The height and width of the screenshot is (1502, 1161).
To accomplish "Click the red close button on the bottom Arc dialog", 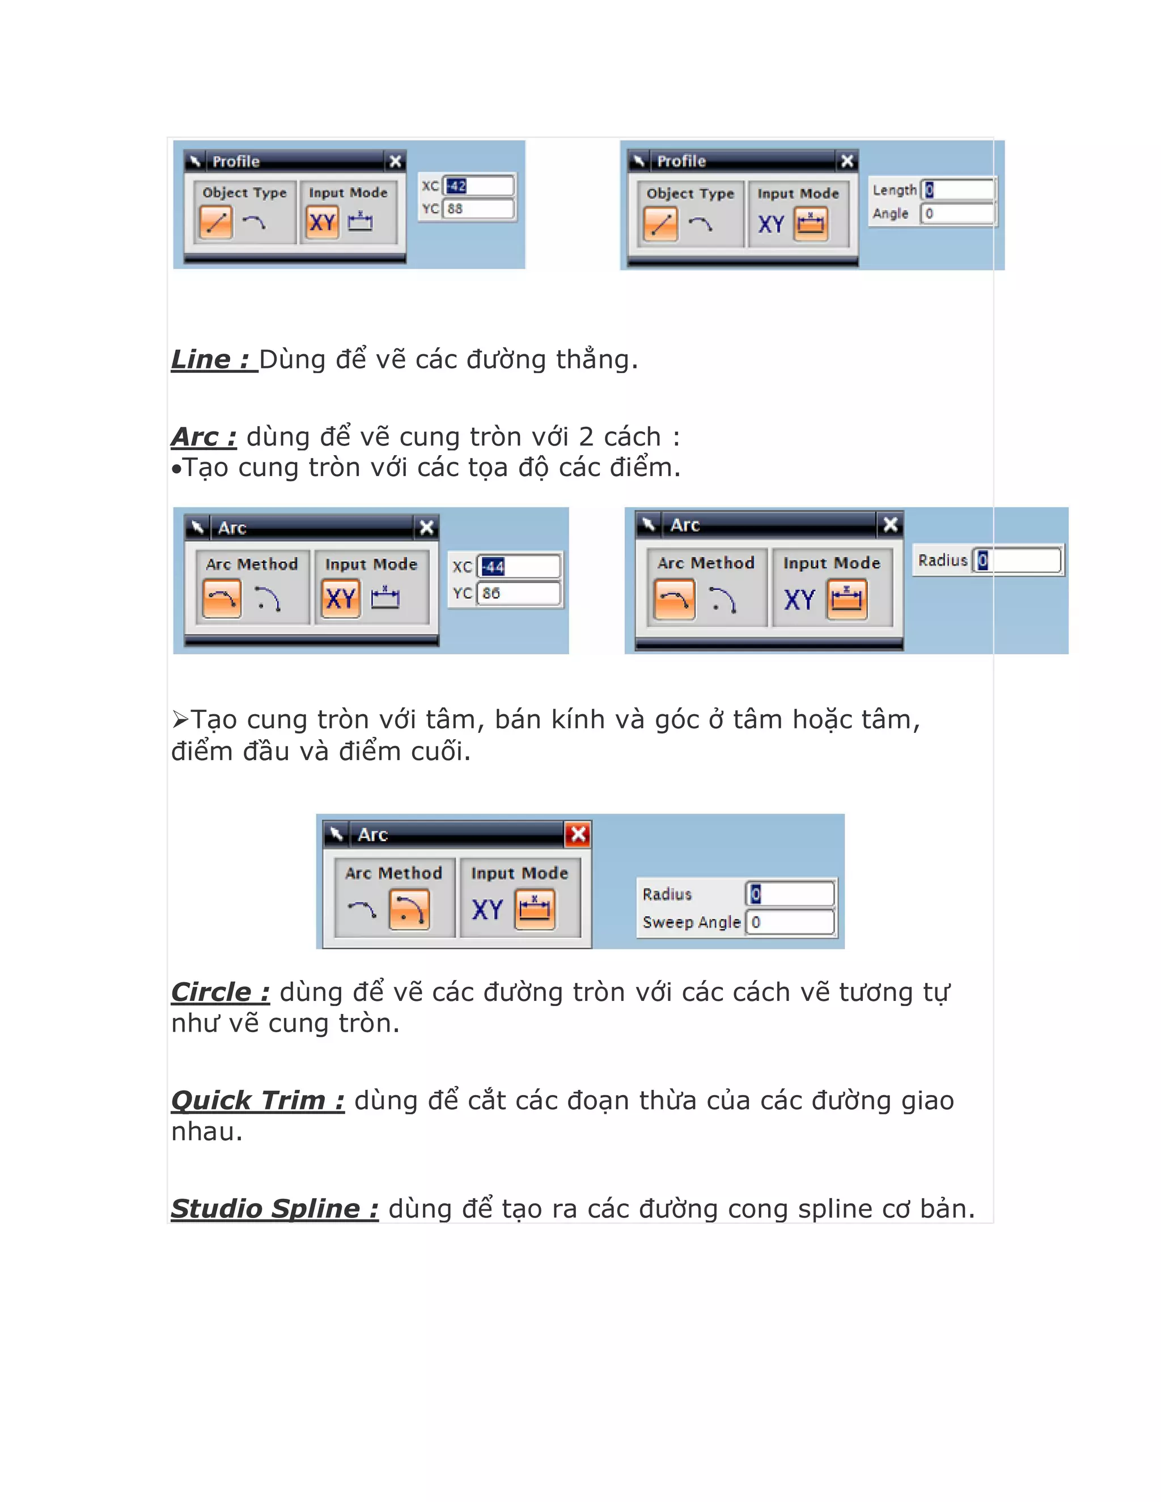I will tap(578, 834).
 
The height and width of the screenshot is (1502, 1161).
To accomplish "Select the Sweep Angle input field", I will tap(791, 922).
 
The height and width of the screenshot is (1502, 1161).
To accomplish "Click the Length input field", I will tap(959, 190).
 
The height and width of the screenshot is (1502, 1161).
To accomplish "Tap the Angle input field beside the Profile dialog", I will tap(959, 214).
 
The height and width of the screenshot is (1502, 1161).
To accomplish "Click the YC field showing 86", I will tap(519, 593).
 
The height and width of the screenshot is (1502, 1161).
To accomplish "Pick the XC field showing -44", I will tap(519, 567).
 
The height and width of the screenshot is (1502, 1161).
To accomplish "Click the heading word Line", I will tap(201, 360).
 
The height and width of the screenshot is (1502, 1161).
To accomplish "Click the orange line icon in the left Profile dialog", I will tap(215, 223).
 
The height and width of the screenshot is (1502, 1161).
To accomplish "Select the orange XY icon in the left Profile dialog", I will tap(322, 223).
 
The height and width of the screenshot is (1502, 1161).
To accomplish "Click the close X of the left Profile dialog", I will tap(396, 162).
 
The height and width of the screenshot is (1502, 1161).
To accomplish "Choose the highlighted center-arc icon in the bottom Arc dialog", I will tap(409, 909).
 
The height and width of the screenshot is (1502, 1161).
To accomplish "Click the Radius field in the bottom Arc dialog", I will tap(791, 894).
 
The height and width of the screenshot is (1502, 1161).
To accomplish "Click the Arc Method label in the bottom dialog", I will tap(393, 873).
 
